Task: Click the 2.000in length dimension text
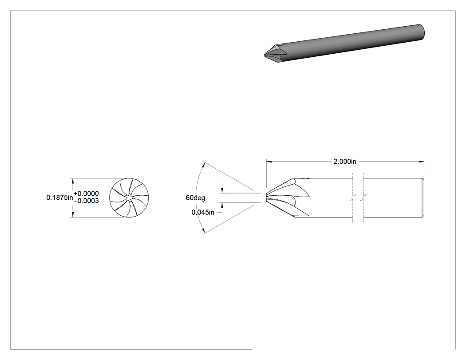[x=345, y=162]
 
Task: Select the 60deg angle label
[x=195, y=198]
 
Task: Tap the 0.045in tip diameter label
[x=203, y=213]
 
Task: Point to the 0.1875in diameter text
[x=59, y=198]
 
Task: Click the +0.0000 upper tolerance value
[x=86, y=194]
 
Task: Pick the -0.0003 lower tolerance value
[x=87, y=201]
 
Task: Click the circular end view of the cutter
[x=129, y=198]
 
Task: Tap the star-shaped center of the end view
[x=129, y=198]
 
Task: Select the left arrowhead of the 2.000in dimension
[x=269, y=162]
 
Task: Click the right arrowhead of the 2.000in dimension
[x=421, y=162]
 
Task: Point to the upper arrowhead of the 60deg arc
[x=204, y=163]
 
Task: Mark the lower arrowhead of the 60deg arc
[x=204, y=232]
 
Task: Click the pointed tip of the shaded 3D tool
[x=265, y=55]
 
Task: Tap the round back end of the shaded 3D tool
[x=422, y=32]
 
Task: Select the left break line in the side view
[x=352, y=198]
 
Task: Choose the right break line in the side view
[x=363, y=198]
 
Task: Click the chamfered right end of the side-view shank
[x=423, y=198]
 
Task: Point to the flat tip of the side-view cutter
[x=266, y=198]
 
